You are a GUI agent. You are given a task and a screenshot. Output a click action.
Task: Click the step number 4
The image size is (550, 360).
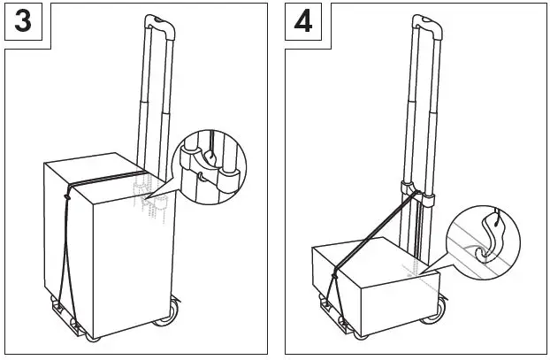[x=303, y=21]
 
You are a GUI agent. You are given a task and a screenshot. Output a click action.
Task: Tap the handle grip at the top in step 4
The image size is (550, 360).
[x=425, y=20]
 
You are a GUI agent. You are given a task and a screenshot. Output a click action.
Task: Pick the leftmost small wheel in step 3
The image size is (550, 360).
[x=94, y=337]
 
